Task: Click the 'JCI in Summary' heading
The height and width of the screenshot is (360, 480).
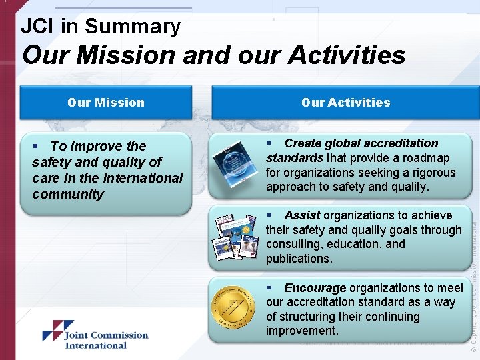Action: (x=101, y=26)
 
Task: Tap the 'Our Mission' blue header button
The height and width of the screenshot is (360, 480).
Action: (x=105, y=102)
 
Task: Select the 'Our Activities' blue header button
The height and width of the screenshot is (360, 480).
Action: (x=345, y=102)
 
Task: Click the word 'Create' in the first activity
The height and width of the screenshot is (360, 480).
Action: (x=303, y=143)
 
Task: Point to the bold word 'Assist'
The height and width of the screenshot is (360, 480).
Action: (x=302, y=215)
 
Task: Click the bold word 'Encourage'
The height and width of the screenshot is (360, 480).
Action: (x=315, y=288)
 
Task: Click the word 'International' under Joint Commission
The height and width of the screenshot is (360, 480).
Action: (x=95, y=345)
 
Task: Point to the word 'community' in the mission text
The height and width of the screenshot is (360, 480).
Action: (x=68, y=194)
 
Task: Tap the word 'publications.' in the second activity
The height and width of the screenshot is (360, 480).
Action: (x=299, y=259)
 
